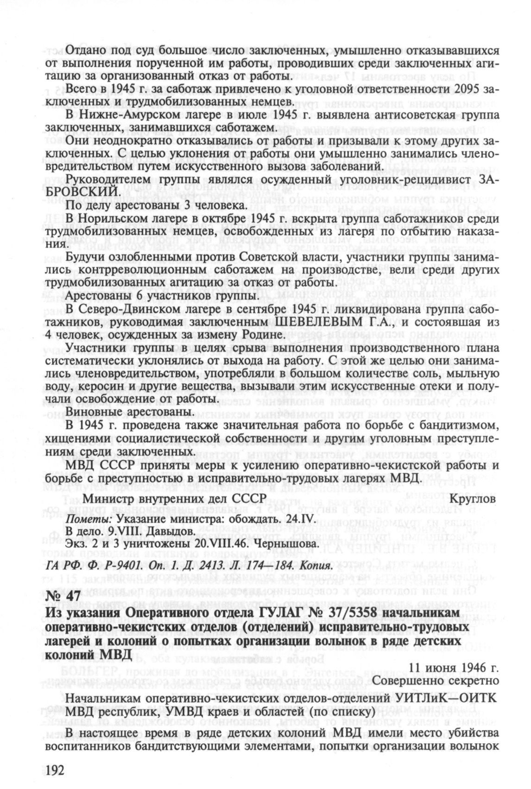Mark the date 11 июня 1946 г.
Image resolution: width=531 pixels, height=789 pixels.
point(454,669)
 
